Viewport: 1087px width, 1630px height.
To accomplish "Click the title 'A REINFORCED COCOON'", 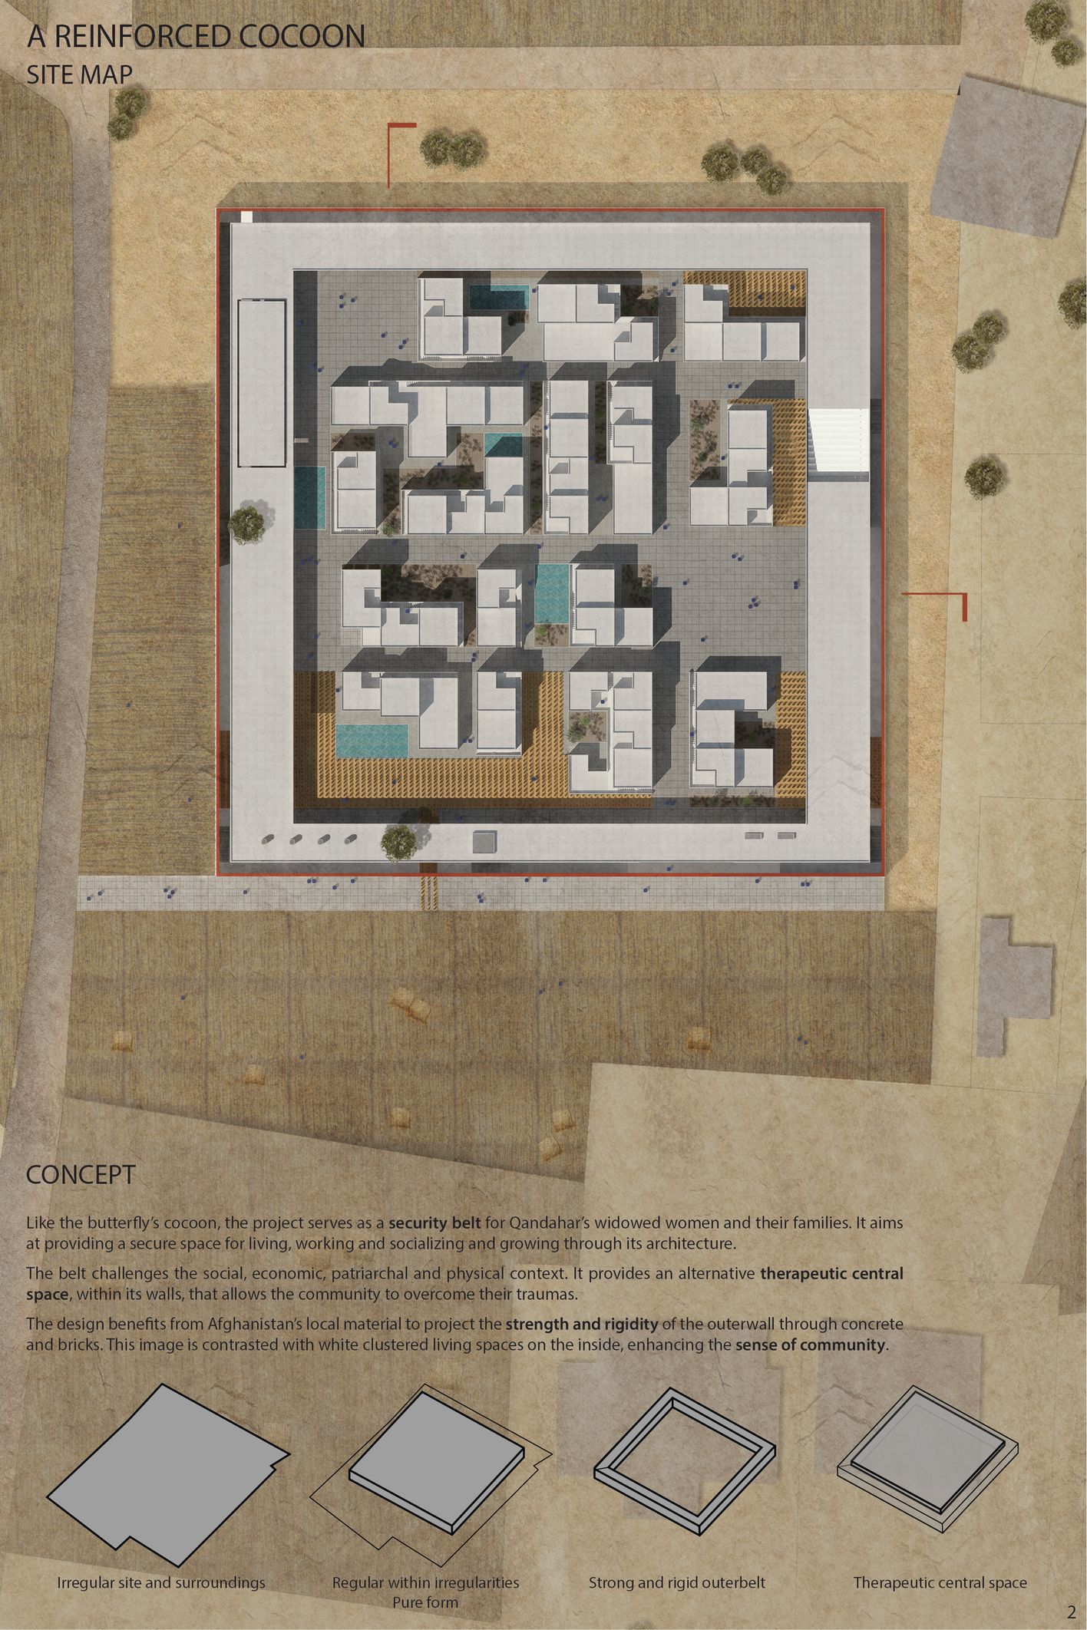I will pos(195,37).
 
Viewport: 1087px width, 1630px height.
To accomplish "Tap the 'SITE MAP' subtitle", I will pos(79,74).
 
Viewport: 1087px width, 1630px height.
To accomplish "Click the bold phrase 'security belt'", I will pos(434,1223).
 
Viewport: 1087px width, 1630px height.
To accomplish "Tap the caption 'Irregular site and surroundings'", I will pos(161,1582).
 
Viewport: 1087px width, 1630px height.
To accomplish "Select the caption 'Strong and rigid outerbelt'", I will pos(676,1582).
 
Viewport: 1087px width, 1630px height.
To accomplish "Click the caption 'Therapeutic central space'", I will pos(940,1582).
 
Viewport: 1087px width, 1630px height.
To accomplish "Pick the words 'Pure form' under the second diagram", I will pos(425,1602).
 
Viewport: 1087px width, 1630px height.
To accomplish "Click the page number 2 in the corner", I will pos(1071,1611).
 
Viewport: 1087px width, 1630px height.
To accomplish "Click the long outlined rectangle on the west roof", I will pos(261,383).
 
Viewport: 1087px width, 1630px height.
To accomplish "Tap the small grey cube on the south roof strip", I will pos(484,842).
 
